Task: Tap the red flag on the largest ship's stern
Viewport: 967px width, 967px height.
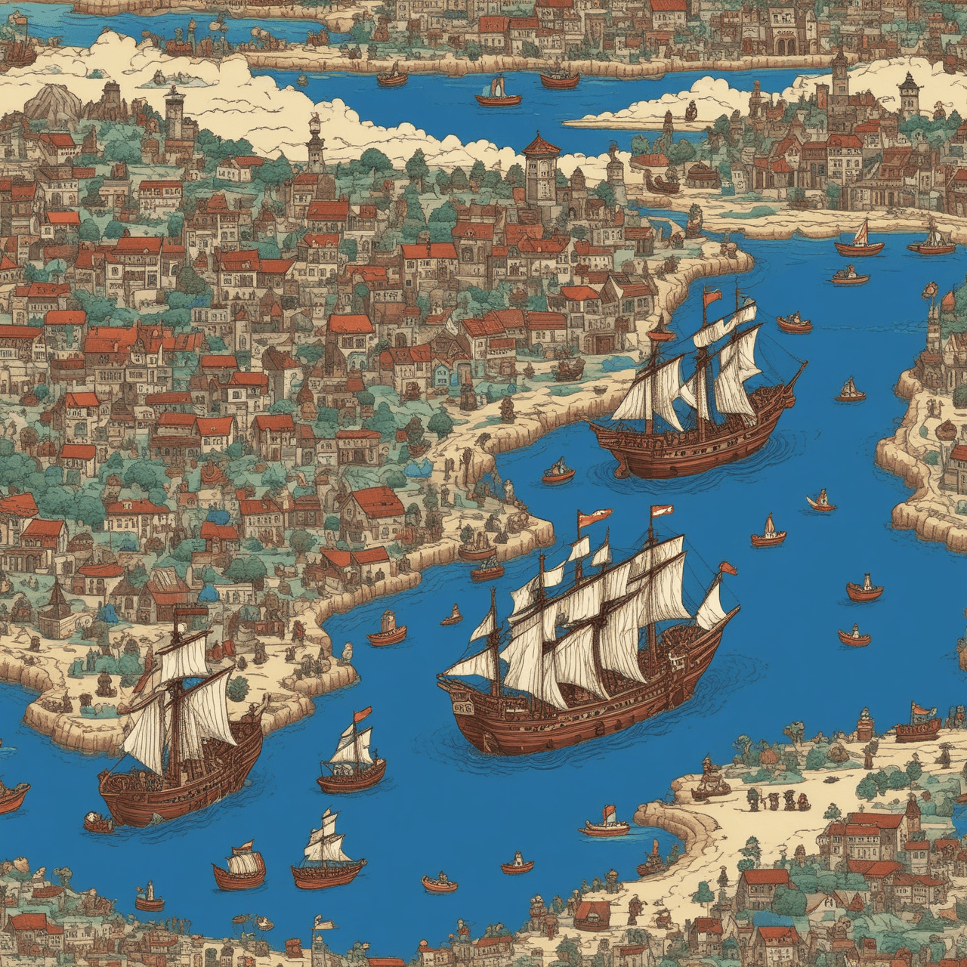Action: pos(728,568)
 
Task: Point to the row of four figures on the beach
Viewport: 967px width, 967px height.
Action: pos(771,799)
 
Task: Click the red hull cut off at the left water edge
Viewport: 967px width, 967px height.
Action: pos(11,797)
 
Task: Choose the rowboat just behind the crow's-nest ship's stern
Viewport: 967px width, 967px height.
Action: pos(558,471)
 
